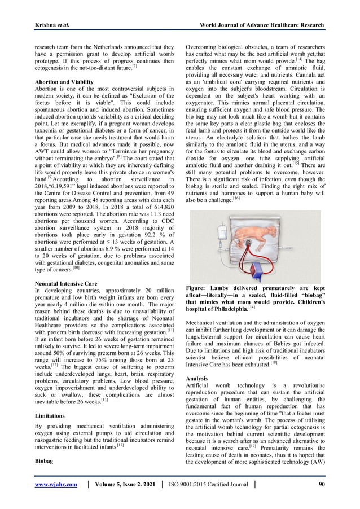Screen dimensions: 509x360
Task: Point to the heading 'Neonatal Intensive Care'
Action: point(66,283)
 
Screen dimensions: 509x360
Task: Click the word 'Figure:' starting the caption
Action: point(199,288)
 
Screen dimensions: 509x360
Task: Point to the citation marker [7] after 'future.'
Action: point(134,65)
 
